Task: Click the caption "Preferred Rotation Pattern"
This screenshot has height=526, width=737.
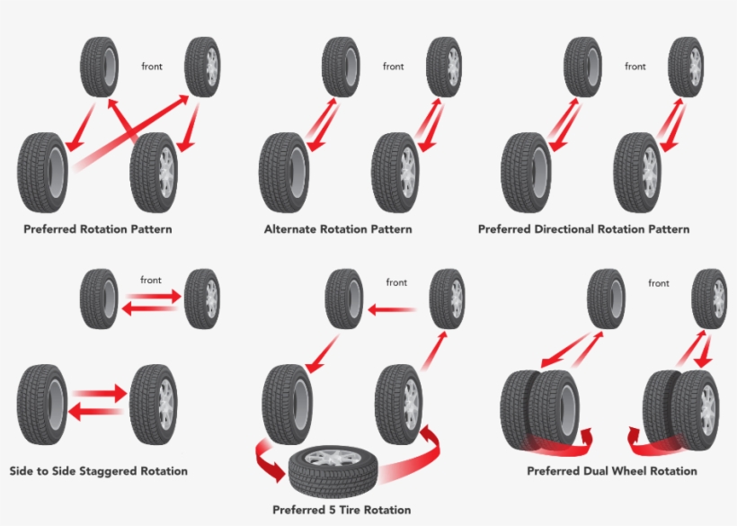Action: click(x=97, y=229)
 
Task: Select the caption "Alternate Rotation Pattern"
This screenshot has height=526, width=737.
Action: click(x=338, y=229)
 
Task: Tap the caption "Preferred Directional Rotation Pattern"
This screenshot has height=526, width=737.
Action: click(x=583, y=229)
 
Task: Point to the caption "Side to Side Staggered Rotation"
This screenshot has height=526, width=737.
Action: click(x=98, y=471)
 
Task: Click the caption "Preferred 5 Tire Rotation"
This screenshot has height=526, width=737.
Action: click(x=342, y=511)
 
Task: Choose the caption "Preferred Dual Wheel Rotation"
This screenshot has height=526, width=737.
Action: click(x=611, y=471)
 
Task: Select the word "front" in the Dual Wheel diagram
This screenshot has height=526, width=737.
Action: click(x=659, y=283)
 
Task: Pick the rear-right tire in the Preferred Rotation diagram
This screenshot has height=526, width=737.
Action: click(x=154, y=171)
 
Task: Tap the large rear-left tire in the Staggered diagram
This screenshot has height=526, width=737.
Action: click(x=41, y=404)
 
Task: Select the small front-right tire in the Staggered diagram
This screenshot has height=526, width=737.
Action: click(x=202, y=299)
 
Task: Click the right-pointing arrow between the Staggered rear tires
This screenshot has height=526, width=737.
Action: click(x=100, y=394)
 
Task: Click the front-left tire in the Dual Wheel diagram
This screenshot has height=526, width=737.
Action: click(x=605, y=299)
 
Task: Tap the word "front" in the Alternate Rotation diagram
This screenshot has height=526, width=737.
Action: click(x=394, y=67)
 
